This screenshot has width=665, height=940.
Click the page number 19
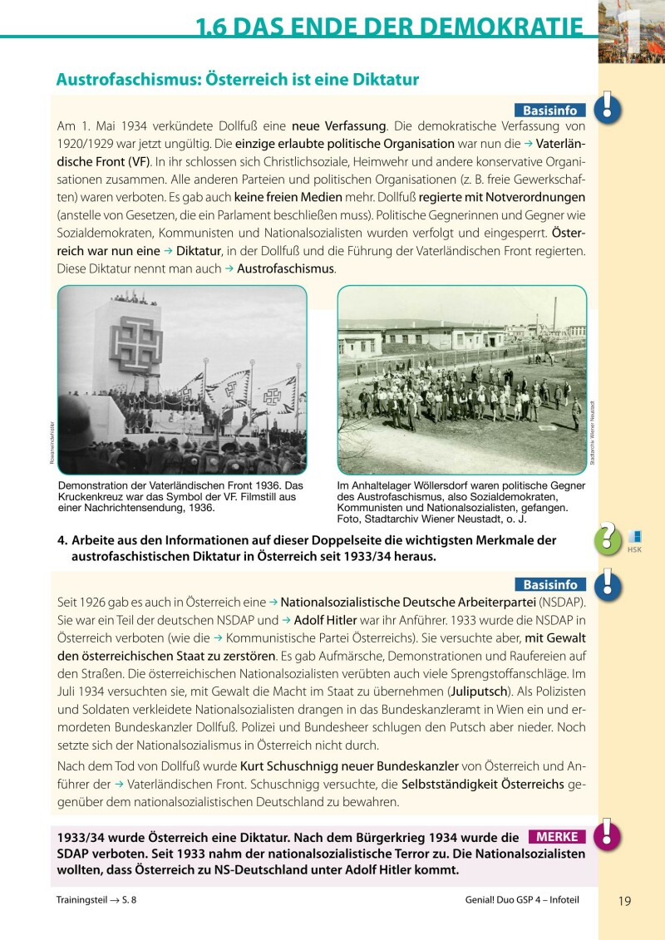click(626, 900)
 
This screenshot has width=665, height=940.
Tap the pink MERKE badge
click(557, 837)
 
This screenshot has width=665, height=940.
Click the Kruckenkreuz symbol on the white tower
click(135, 340)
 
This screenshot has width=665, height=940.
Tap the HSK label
click(634, 549)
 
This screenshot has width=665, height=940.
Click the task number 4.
click(62, 540)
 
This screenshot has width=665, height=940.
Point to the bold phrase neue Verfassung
click(339, 127)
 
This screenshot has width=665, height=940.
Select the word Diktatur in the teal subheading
click(382, 81)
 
